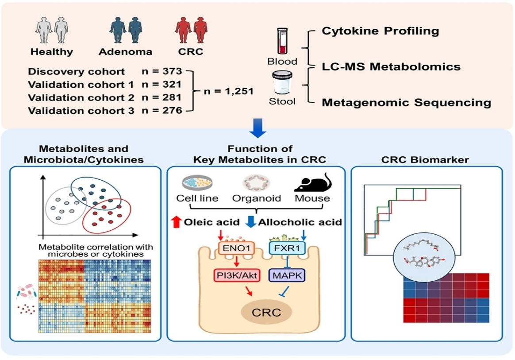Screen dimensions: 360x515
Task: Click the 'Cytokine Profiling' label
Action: [x=380, y=31]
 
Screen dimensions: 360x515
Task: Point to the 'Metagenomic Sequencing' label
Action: [x=406, y=103]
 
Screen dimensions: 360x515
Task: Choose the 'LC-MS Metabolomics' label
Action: [x=391, y=67]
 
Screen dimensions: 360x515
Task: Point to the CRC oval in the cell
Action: [x=266, y=313]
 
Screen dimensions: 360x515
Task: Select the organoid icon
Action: [x=256, y=182]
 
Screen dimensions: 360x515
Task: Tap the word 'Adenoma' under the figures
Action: [x=126, y=52]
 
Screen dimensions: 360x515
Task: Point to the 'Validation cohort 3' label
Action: [x=81, y=111]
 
